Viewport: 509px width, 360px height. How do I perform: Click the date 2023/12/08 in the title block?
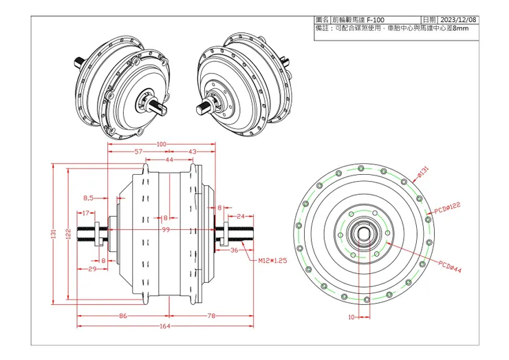(457, 21)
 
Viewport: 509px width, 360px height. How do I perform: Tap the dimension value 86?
(122, 316)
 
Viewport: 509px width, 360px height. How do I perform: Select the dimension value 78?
(211, 316)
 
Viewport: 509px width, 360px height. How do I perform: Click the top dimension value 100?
(162, 144)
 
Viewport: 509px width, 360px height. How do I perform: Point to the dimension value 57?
(138, 151)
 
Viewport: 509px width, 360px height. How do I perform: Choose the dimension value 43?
(192, 151)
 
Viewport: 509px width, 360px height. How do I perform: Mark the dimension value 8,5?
(88, 198)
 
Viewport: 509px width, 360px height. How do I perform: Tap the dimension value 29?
(91, 270)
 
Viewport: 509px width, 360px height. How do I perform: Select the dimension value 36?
(234, 251)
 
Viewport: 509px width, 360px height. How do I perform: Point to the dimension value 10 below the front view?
(351, 317)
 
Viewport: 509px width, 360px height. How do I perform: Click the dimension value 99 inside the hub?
(165, 230)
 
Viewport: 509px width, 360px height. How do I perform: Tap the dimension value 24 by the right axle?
(240, 216)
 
